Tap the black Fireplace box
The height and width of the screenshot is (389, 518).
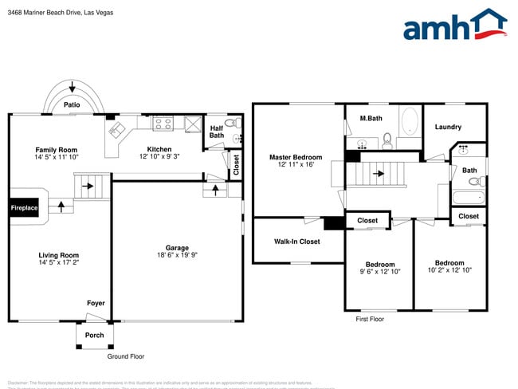[24, 208]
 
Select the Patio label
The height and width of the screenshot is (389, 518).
[73, 104]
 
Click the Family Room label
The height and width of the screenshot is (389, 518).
[56, 150]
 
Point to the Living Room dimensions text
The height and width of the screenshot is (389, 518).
[59, 261]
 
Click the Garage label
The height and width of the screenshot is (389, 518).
[177, 247]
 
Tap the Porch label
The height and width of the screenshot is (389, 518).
[94, 335]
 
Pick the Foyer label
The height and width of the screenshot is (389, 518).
[96, 303]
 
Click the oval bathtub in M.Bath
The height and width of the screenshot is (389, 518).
[409, 122]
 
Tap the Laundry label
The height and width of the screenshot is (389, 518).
[448, 127]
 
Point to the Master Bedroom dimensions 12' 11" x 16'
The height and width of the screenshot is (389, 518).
[296, 164]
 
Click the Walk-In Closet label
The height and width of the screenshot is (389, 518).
[296, 241]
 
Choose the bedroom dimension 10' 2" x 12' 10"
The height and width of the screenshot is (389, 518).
[449, 269]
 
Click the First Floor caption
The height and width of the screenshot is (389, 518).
[370, 319]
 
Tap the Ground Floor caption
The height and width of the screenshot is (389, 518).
[126, 356]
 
